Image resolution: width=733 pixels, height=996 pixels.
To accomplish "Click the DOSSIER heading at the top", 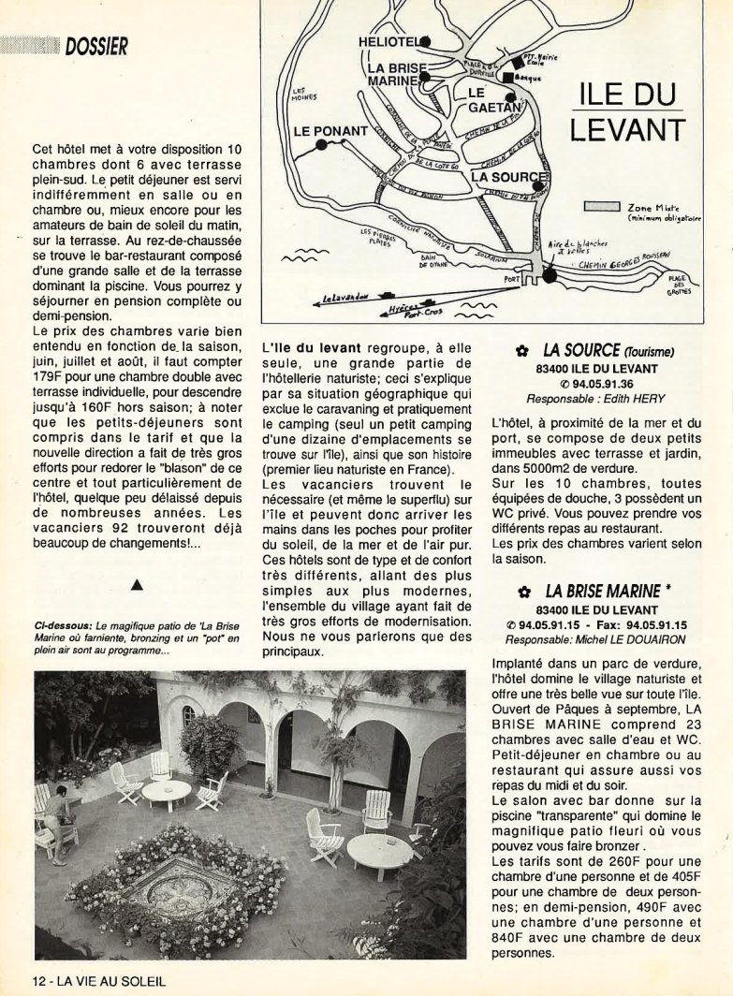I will tap(96, 45).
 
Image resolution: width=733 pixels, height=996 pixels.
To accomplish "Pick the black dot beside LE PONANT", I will tap(321, 146).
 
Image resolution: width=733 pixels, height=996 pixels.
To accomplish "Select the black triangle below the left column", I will tap(138, 585).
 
